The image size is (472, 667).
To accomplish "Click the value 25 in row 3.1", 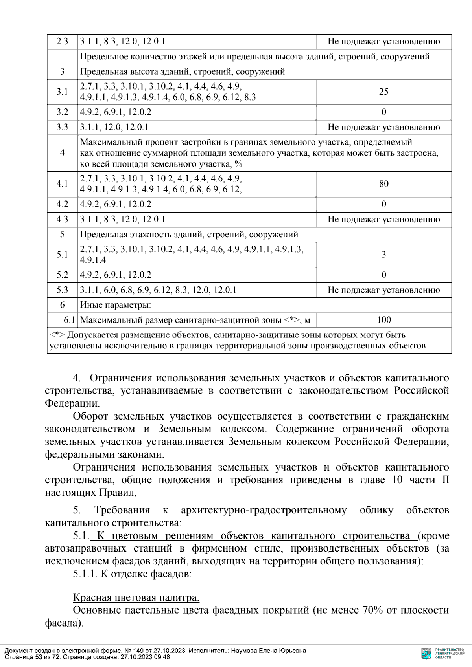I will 383,92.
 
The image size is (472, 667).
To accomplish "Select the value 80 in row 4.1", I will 383,184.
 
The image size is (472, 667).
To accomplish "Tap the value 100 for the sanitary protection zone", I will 383,320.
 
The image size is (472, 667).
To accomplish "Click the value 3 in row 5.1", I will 383,255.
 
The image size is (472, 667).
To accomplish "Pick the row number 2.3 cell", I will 62,41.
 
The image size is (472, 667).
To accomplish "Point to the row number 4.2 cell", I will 62,204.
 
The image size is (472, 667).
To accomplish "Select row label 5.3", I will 62,290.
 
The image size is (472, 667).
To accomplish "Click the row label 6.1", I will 69,320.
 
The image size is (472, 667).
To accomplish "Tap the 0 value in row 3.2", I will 383,112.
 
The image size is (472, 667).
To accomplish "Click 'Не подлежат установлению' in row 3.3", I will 383,127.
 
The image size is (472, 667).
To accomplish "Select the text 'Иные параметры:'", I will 116,305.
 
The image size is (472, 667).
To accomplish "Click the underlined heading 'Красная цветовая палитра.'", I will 136,598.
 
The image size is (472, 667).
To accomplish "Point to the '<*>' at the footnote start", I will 57,335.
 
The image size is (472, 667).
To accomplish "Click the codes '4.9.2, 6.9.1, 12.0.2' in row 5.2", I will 116,275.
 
